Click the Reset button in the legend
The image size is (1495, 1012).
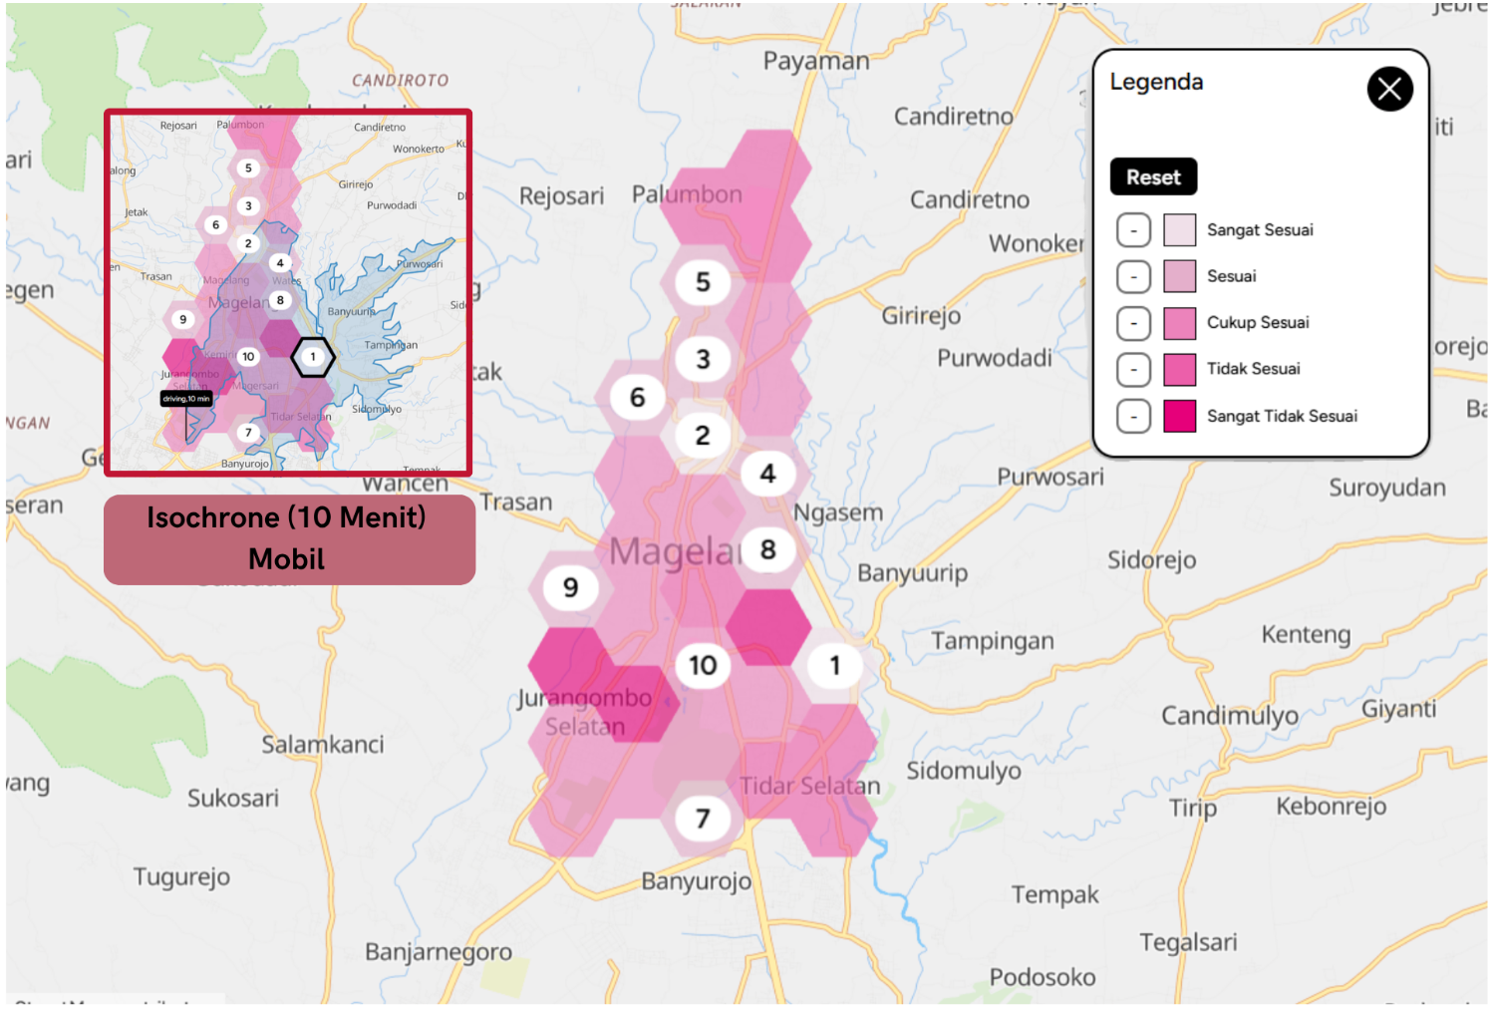[x=1153, y=177]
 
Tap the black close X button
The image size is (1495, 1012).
[x=1389, y=90]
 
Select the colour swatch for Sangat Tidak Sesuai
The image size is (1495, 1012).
[x=1179, y=416]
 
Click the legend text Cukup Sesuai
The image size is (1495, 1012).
[x=1258, y=323]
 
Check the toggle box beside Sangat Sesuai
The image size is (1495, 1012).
[x=1133, y=230]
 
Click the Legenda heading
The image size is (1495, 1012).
[x=1156, y=83]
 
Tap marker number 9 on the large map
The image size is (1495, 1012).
[x=570, y=587]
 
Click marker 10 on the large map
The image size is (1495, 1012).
[x=703, y=665]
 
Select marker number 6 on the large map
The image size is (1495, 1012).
[x=638, y=398]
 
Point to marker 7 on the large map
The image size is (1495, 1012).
[x=703, y=819]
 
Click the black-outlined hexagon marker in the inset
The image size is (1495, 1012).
[x=313, y=357]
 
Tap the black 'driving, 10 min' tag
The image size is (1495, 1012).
[x=186, y=399]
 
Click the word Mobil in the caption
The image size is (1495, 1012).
[x=287, y=559]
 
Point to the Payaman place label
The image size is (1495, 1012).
[x=816, y=62]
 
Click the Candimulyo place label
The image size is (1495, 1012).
[x=1230, y=716]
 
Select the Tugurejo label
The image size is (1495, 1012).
[x=182, y=877]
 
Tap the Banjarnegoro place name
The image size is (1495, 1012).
[x=439, y=952]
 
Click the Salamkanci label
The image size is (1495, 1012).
[x=322, y=744]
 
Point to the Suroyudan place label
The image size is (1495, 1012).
[x=1386, y=489]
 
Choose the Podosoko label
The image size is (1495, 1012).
[x=1043, y=977]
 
